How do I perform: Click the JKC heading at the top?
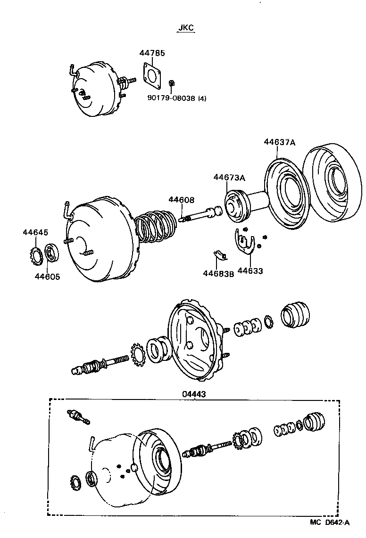pos(186,28)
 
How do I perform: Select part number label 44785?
pos(152,54)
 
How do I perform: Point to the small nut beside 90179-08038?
pos(172,83)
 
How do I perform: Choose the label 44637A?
pos(279,142)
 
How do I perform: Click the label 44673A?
pos(229,178)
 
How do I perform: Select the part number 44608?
pos(182,200)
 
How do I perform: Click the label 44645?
pos(35,232)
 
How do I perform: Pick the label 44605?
pos(47,277)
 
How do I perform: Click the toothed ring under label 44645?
pos(34,255)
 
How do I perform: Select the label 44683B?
pos(218,273)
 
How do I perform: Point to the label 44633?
pos(250,271)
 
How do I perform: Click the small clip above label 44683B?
pos(219,255)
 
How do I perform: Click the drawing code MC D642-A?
pos(330,522)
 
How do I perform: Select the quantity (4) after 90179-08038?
pos(202,98)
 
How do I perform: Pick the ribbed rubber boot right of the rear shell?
pos(296,313)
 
